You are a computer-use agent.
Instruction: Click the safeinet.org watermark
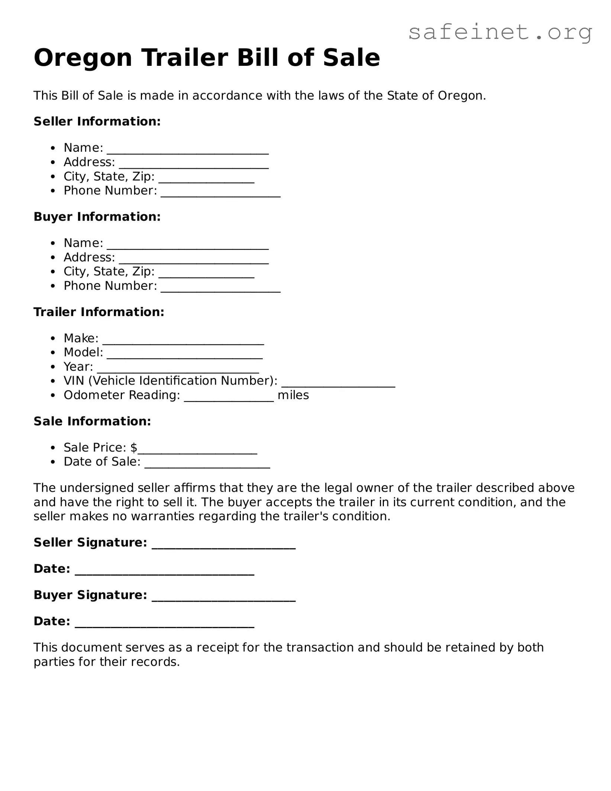pos(500,33)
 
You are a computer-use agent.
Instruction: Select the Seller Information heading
pos(97,122)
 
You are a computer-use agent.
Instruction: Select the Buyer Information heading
pos(97,217)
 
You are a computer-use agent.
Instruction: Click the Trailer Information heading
pos(99,312)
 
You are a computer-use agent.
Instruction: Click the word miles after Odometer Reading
pos(293,395)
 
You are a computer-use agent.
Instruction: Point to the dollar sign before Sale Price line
pos(134,447)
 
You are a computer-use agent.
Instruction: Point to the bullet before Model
pos(54,353)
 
